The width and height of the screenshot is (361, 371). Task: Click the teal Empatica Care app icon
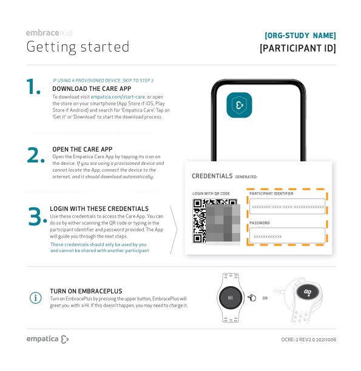pyautogui.click(x=239, y=105)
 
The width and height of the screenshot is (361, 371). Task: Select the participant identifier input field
pyautogui.click(x=287, y=206)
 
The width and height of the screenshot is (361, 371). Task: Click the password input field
pyautogui.click(x=287, y=235)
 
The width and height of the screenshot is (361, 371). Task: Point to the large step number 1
pyautogui.click(x=33, y=87)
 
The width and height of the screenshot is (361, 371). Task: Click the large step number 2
pyautogui.click(x=36, y=155)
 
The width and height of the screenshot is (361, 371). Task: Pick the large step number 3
pyautogui.click(x=38, y=216)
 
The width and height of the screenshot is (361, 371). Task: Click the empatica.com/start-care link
pyautogui.click(x=118, y=97)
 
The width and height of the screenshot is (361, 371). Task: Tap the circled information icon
pyautogui.click(x=36, y=298)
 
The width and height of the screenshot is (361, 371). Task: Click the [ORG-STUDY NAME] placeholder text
pyautogui.click(x=300, y=36)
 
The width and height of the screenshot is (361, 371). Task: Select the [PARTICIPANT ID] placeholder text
pyautogui.click(x=298, y=48)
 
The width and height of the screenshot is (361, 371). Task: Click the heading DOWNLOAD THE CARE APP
pyautogui.click(x=92, y=89)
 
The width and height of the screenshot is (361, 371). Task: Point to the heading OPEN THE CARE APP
pyautogui.click(x=83, y=149)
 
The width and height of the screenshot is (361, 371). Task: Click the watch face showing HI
pyautogui.click(x=231, y=298)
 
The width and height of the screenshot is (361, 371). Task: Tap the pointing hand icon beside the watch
pyautogui.click(x=252, y=298)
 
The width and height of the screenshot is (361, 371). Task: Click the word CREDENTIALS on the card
pyautogui.click(x=212, y=176)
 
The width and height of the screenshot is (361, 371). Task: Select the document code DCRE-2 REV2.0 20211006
pyautogui.click(x=309, y=339)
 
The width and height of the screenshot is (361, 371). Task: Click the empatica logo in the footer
pyautogui.click(x=47, y=339)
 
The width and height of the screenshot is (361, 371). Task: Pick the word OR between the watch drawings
pyautogui.click(x=265, y=298)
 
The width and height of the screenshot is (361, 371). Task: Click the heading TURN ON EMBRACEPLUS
pyautogui.click(x=86, y=291)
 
